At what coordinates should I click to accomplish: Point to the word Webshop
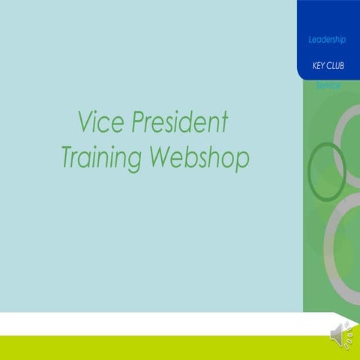(x=199, y=158)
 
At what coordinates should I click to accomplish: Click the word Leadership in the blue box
(x=327, y=38)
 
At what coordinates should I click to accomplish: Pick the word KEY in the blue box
(x=318, y=66)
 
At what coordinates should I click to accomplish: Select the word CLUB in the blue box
(x=335, y=66)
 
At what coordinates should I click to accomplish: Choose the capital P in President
(x=137, y=122)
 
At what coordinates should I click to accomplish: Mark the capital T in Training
(x=67, y=158)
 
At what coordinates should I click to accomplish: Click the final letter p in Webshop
(x=241, y=160)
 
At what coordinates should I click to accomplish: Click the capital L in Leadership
(x=310, y=38)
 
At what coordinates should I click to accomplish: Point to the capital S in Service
(x=318, y=85)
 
